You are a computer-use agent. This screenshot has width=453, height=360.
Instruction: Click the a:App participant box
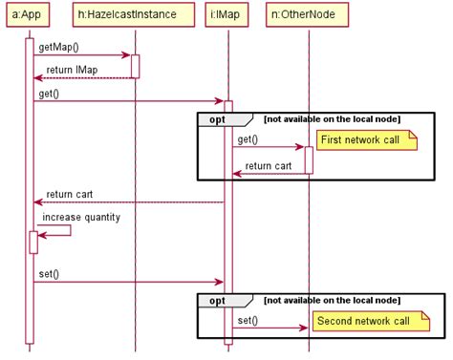tap(29, 14)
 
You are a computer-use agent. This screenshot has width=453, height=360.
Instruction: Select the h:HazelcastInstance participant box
tap(135, 14)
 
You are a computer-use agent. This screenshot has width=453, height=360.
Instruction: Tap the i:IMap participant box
tap(227, 14)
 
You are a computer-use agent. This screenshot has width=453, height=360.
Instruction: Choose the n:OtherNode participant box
tap(308, 14)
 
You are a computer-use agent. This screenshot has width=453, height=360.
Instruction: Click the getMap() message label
tap(59, 47)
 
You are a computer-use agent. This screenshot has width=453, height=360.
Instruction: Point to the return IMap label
tap(72, 70)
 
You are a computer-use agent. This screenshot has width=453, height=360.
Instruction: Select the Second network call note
tap(362, 321)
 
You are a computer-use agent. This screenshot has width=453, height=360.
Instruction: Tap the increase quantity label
tap(81, 217)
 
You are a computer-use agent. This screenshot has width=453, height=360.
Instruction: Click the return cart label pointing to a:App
tap(69, 194)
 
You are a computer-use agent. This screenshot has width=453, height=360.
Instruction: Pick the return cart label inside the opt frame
tap(269, 165)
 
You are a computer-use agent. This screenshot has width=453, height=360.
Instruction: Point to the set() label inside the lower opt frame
tap(248, 320)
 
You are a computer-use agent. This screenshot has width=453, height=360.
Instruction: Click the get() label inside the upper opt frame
tap(248, 139)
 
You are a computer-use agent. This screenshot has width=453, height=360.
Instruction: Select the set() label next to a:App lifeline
tap(49, 274)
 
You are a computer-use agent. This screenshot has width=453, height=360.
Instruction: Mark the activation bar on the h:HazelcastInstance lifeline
tap(135, 66)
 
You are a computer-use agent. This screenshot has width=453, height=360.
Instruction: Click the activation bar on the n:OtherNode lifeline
tap(309, 159)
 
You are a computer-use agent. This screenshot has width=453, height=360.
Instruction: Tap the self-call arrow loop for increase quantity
tap(57, 229)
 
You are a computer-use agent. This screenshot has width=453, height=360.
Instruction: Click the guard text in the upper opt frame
tap(332, 118)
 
